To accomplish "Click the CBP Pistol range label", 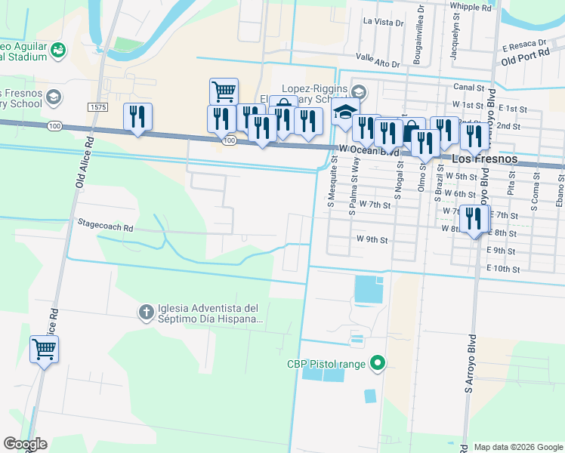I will [326, 364].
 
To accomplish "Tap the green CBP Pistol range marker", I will [379, 364].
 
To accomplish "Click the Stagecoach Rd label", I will [105, 226].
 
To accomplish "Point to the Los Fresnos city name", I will [484, 160].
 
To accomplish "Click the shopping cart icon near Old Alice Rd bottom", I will [45, 349].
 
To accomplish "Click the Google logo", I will [25, 444].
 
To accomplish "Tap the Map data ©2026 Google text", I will [517, 447].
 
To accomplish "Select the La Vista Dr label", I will [383, 23].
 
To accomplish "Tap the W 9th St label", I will [372, 240].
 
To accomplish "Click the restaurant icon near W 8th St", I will [474, 219].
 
